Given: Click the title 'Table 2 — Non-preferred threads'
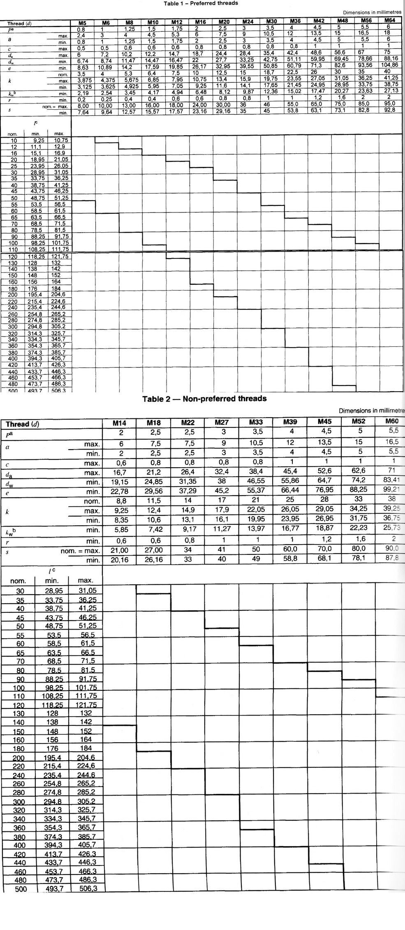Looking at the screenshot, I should point(204,398).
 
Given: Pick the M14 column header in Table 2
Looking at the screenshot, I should point(119,423).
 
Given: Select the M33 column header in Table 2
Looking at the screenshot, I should point(256,422).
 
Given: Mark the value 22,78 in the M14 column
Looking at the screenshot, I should point(119,492).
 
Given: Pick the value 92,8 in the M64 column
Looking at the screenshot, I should point(389,110).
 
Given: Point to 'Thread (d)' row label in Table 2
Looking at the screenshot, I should point(22,424).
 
